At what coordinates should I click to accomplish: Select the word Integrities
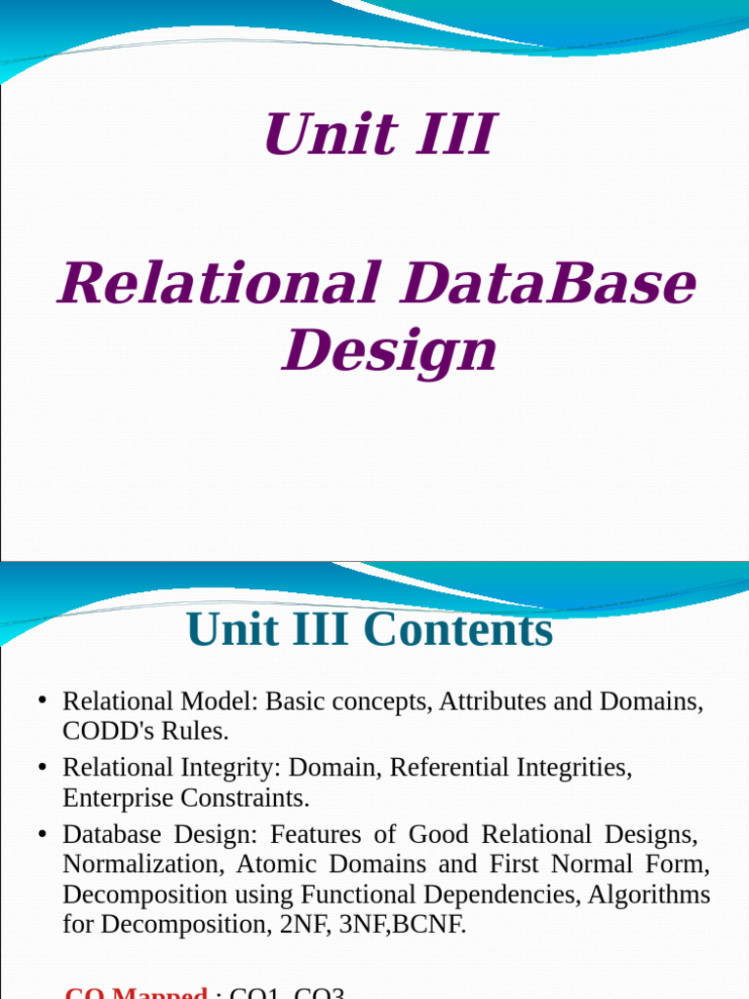571,768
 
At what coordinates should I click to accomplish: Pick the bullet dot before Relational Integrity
42,769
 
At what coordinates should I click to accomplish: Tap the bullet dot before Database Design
42,835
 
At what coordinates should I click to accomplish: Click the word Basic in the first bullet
296,701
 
